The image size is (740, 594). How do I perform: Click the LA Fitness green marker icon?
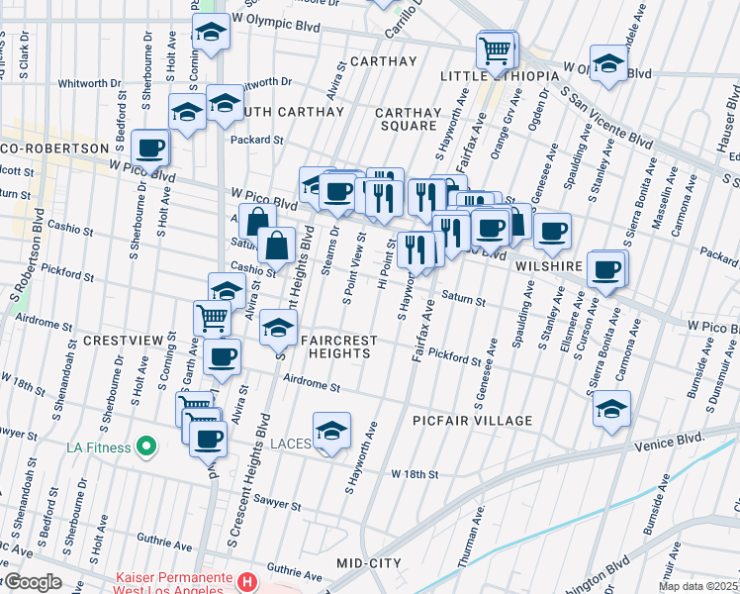point(146,447)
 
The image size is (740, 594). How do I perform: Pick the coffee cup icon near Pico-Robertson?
point(150,148)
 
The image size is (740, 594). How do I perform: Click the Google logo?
point(32,582)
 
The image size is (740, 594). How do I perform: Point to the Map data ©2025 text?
point(697,586)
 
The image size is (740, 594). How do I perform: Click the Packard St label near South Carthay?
point(256,141)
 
